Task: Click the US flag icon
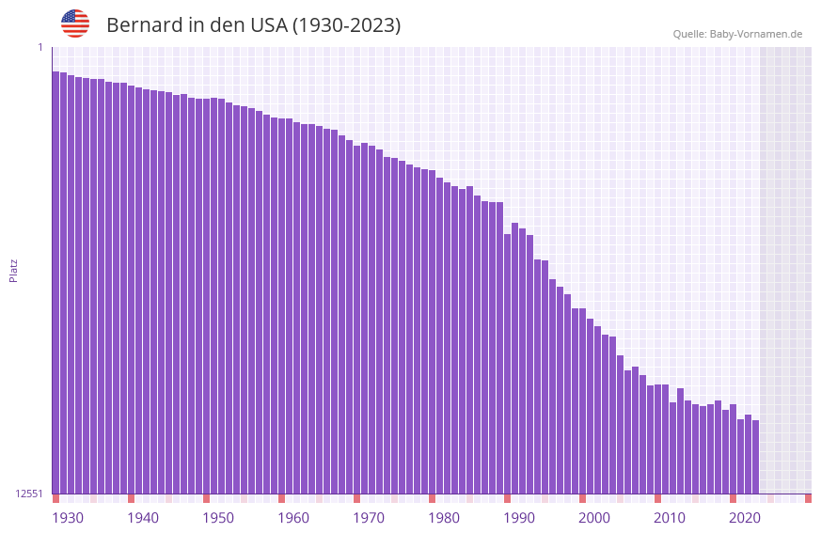coord(75,24)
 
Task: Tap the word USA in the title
coord(269,25)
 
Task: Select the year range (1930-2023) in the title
coord(346,25)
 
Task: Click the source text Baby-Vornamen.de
coord(755,34)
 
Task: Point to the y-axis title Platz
coord(13,270)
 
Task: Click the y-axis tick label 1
coord(40,47)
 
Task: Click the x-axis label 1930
coord(68,518)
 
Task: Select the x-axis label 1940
coord(143,518)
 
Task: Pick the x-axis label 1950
coord(218,518)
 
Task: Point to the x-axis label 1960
coord(293,518)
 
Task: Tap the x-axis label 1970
coord(369,518)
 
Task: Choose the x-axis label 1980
coord(444,518)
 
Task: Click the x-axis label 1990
coord(519,518)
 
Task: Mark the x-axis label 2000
coord(594,518)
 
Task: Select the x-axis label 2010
coord(670,518)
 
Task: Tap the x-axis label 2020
coord(745,518)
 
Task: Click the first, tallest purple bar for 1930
coord(55,282)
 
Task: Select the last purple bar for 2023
coord(755,457)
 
